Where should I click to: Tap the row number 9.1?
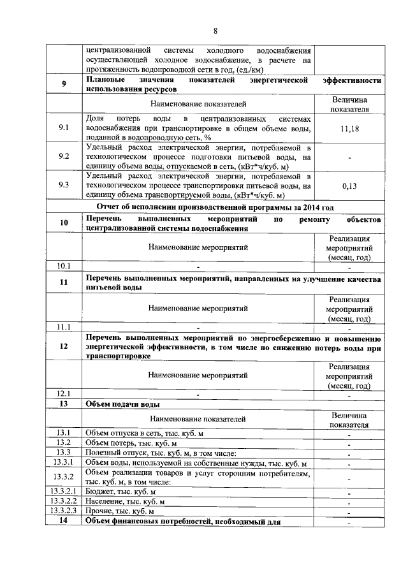pos(64,128)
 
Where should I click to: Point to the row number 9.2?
pos(64,156)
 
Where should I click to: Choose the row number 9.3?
pos(64,185)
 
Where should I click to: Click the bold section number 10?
pos(64,223)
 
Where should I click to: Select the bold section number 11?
pos(64,282)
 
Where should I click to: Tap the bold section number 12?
pos(64,347)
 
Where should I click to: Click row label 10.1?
pos(64,266)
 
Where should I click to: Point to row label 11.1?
pos(64,326)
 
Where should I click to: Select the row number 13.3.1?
pos(64,462)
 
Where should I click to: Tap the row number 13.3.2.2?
pos(64,501)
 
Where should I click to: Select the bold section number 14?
pos(64,521)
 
